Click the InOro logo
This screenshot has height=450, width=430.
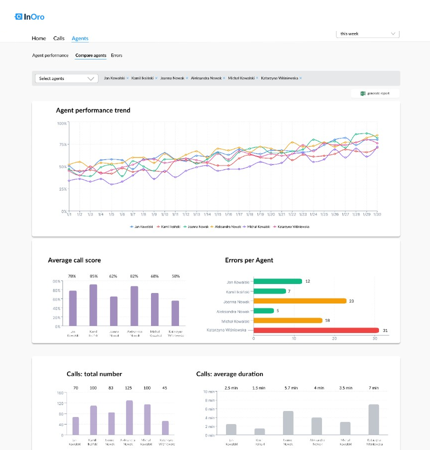[x=30, y=17]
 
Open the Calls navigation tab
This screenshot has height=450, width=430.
[x=59, y=38]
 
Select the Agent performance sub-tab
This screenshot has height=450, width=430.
[x=50, y=55]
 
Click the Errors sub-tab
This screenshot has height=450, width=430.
[x=116, y=55]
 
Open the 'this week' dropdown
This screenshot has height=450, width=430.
[x=367, y=34]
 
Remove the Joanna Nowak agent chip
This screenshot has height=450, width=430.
[x=187, y=78]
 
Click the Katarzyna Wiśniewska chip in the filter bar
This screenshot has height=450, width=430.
[x=279, y=78]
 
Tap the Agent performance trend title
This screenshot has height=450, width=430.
[x=93, y=110]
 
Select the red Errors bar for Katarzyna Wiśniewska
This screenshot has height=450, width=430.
[x=316, y=330]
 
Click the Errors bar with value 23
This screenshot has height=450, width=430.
[x=300, y=301]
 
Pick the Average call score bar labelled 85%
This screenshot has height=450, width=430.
[x=93, y=305]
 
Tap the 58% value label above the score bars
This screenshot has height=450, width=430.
[x=175, y=276]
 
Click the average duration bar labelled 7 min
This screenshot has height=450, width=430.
[x=374, y=419]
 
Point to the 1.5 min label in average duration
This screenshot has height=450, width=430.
[x=259, y=387]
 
